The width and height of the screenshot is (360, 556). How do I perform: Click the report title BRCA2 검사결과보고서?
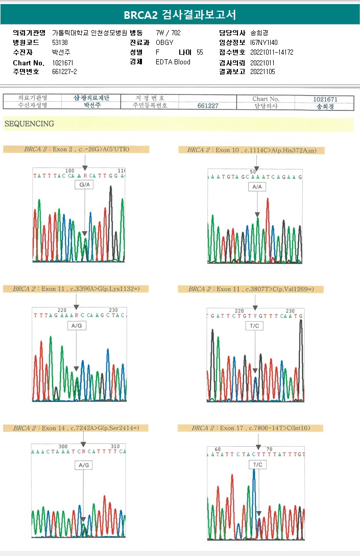point(180,14)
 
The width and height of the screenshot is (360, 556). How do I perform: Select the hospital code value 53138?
point(60,42)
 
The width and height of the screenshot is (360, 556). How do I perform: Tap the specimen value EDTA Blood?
point(173,62)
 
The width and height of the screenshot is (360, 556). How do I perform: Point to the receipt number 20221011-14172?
point(272,52)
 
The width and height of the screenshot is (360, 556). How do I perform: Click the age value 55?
point(200,52)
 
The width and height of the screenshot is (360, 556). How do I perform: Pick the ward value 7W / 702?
point(169,33)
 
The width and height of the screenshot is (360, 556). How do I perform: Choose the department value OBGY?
point(164,42)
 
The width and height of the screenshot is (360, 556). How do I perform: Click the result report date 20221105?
point(262,72)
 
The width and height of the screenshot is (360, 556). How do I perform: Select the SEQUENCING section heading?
point(29,124)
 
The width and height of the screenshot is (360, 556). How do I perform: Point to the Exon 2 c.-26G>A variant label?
point(76,150)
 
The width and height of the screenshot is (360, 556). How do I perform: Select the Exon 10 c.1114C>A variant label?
point(251,150)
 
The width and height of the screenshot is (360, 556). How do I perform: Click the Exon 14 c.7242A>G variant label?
point(76,428)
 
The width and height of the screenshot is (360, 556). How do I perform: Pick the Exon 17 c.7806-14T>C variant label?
point(251,428)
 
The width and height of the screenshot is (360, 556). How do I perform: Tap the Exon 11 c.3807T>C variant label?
point(251,289)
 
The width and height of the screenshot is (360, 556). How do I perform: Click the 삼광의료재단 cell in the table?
point(91,98)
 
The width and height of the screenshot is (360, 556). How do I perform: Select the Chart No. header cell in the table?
point(266,99)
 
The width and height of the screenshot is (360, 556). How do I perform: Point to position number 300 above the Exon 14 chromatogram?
point(63,446)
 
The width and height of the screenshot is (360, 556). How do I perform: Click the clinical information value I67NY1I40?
point(264,42)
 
